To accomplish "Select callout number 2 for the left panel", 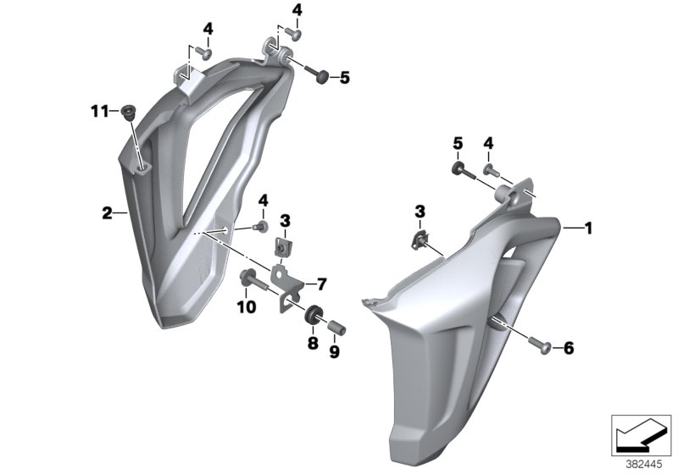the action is pos(107,212).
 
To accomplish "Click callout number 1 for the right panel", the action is pos(587,228).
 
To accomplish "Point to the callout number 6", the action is pos(569,348).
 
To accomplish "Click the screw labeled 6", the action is pos(539,345).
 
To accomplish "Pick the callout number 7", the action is pos(322,284).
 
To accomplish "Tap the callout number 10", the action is pos(247,307).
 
